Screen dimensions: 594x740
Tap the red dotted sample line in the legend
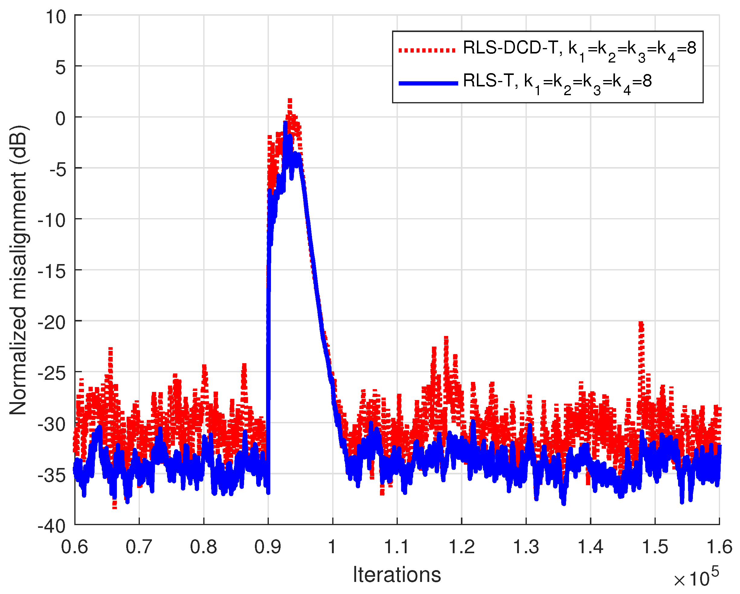[x=427, y=50]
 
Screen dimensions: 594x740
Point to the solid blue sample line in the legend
[x=428, y=83]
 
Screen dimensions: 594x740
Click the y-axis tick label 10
[x=56, y=17]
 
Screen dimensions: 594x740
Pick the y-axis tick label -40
[x=52, y=526]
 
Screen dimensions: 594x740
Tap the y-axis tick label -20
[x=52, y=322]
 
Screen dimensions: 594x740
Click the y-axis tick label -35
[x=52, y=475]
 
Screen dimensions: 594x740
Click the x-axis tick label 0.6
[x=75, y=546]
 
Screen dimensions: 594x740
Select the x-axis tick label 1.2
[x=461, y=546]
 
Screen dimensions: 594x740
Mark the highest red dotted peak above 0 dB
[x=290, y=101]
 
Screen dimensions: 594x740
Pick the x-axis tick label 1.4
[x=590, y=546]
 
